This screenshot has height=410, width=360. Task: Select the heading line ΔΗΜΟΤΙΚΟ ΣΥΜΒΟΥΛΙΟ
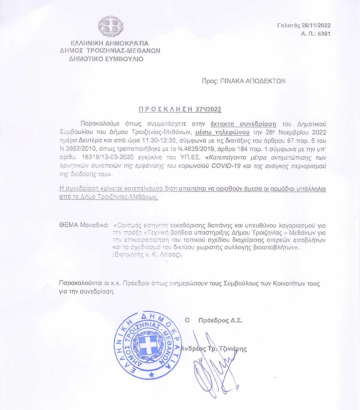coord(106,59)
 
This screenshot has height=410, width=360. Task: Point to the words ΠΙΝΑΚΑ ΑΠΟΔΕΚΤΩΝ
coord(253,81)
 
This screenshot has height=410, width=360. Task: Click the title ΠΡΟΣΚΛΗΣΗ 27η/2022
coord(180,109)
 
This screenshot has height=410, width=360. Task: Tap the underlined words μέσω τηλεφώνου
coord(222,132)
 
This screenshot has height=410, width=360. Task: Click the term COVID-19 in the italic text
coord(226,166)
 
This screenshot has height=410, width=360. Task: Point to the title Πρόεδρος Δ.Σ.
coord(220,320)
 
